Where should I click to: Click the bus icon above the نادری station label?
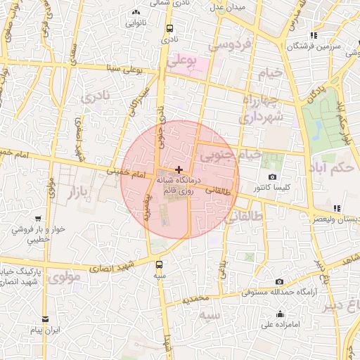pos(169,29)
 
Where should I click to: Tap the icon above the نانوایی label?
pos(135,13)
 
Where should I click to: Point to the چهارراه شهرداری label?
pos(261,110)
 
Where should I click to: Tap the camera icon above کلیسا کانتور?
pos(273,177)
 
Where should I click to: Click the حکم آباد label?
pos(330,169)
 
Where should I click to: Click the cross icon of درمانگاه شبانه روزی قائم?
pos(179,169)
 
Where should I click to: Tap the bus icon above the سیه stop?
pos(159,265)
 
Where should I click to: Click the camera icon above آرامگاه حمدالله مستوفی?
pos(279,281)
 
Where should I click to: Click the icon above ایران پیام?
pos(46,319)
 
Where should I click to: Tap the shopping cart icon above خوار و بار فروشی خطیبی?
pos(37,219)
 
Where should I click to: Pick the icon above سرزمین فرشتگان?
pos(314,35)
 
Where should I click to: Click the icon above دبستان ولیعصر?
pos(337,208)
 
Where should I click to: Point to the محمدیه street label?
pos(196,299)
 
